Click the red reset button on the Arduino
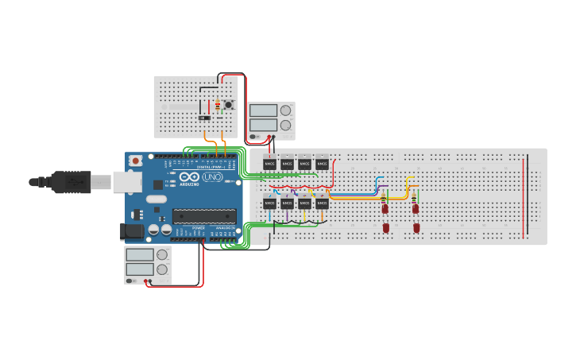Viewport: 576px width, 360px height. (x=135, y=161)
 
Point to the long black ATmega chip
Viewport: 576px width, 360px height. (x=204, y=215)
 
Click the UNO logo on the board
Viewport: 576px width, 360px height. (x=212, y=177)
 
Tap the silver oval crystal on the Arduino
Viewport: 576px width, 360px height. (x=157, y=199)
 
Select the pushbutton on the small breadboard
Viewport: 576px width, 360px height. (x=229, y=104)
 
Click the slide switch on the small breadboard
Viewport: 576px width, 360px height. (x=204, y=118)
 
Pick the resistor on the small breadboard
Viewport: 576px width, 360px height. (x=218, y=105)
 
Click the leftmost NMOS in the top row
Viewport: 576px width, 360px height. (x=269, y=164)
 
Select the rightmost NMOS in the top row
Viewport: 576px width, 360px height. (x=322, y=164)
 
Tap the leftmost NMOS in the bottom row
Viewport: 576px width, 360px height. (x=269, y=203)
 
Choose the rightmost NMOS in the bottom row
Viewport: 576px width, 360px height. (x=322, y=203)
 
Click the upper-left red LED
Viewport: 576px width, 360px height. (x=385, y=209)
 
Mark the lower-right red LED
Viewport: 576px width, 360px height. (x=416, y=228)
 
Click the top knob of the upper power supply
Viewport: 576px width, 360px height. (x=285, y=110)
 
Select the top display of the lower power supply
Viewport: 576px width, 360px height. (x=140, y=254)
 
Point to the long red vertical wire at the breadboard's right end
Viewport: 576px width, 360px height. (x=524, y=196)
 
